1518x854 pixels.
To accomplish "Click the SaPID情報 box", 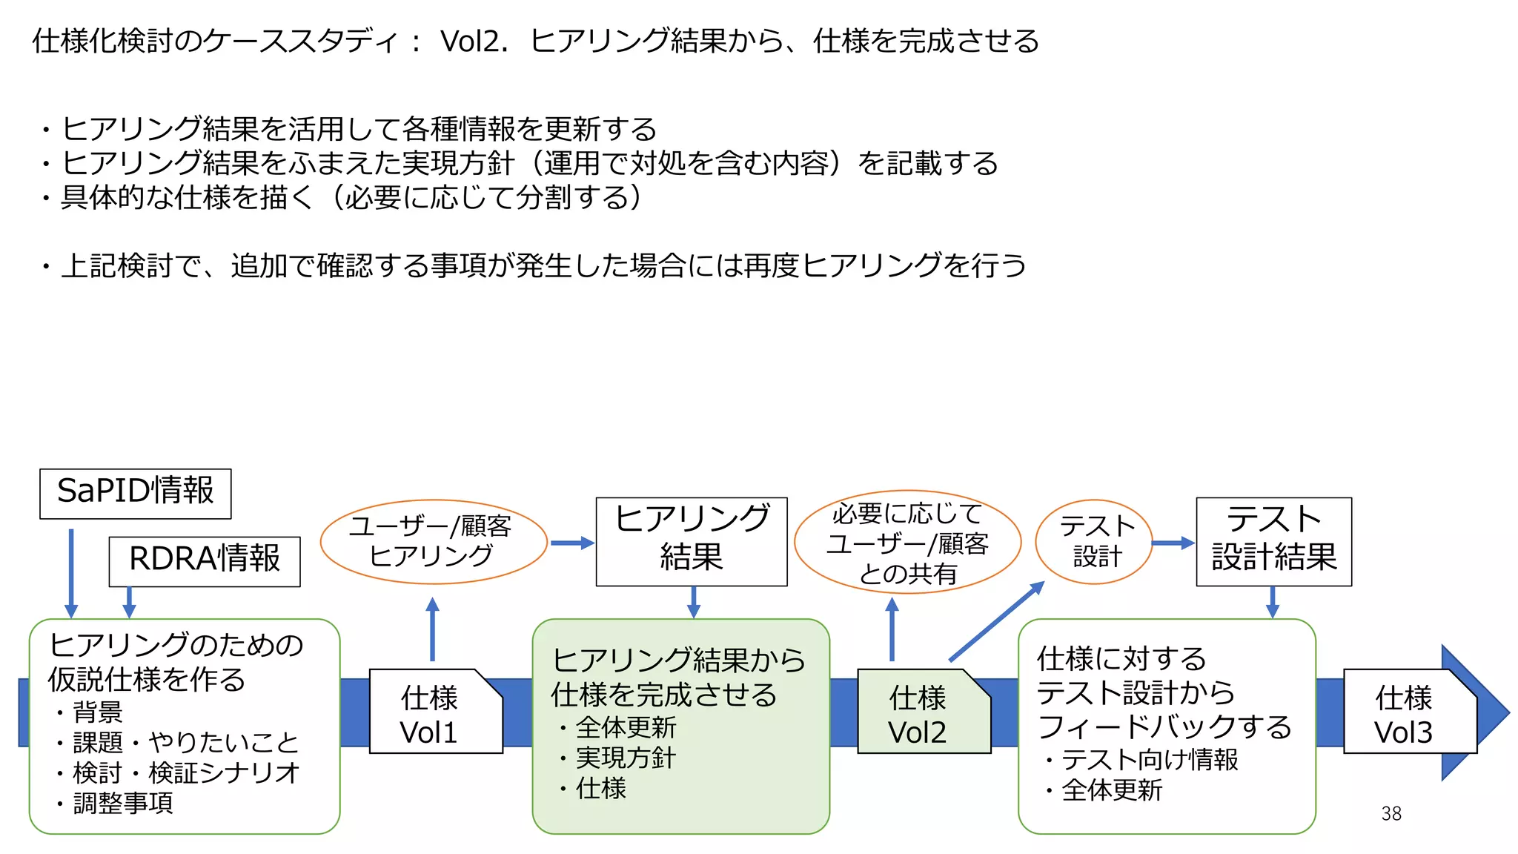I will (135, 493).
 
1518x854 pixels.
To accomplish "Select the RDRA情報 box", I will (205, 561).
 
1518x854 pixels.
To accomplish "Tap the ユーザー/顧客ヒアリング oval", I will (433, 542).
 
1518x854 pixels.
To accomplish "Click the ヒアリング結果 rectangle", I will (691, 541).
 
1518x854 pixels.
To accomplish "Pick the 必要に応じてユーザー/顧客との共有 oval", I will (907, 543).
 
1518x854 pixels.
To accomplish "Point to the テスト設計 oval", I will (1095, 542).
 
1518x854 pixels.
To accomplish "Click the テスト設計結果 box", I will (1273, 541).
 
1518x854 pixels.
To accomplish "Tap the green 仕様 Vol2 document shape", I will (919, 713).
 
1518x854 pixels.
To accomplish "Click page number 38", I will (1391, 813).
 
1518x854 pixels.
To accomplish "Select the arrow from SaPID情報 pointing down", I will (71, 571).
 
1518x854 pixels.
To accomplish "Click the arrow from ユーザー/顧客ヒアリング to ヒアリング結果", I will (572, 543).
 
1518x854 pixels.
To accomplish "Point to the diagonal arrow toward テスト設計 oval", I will (997, 621).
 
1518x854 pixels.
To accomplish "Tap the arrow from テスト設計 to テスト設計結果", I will (1173, 543).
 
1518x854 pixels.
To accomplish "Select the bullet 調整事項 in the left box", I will (123, 803).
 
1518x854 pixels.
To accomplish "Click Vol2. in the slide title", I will (474, 42).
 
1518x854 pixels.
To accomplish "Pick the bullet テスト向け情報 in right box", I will (1149, 760).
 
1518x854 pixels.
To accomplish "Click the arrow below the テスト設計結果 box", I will (1273, 602).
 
